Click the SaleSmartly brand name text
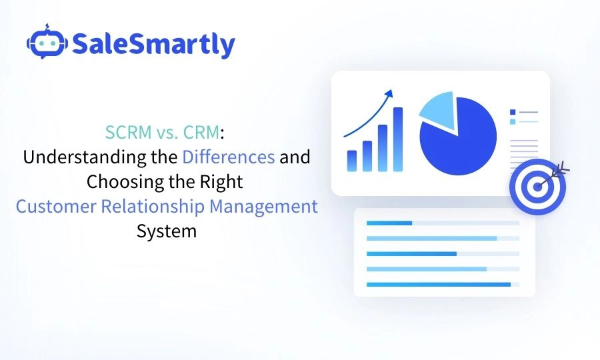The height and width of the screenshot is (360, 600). point(153,45)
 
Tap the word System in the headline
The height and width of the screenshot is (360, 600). point(167,231)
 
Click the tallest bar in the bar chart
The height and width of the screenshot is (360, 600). point(398,139)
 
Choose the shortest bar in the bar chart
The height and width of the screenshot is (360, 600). point(352,161)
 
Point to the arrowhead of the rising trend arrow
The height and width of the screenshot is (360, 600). point(389,93)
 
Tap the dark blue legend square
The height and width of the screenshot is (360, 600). point(512,112)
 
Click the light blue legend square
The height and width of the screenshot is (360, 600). point(512,121)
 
